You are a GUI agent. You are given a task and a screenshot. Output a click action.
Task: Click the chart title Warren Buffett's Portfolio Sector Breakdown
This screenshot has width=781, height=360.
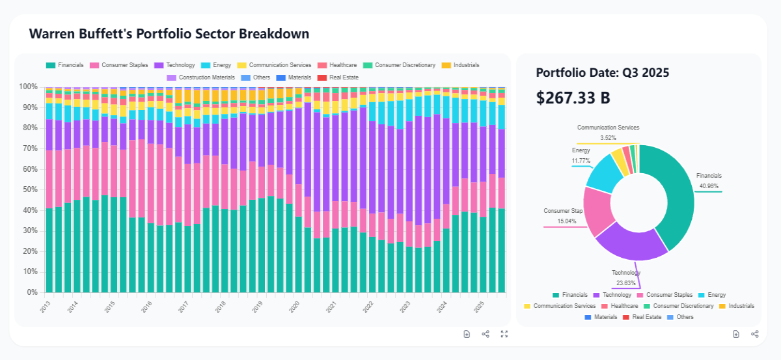169,34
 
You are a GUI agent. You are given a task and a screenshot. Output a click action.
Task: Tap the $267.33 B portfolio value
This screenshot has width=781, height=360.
573,98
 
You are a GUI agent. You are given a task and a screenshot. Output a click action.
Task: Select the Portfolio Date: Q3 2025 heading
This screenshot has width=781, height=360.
603,72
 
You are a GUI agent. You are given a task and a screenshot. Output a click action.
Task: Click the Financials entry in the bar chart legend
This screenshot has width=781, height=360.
65,65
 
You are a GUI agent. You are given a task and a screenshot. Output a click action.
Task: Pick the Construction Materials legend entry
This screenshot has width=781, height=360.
201,77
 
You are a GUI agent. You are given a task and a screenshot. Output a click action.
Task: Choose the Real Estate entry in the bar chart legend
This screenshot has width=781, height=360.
338,77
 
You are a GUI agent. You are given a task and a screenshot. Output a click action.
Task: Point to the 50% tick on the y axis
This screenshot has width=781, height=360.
31,190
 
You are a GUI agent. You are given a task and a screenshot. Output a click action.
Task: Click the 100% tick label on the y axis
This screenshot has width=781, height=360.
28,87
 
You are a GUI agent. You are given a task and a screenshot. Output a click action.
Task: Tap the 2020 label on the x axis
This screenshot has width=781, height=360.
295,307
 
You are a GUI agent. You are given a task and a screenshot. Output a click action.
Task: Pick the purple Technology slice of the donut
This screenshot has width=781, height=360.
631,246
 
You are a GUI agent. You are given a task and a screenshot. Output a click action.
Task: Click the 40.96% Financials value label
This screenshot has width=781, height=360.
709,186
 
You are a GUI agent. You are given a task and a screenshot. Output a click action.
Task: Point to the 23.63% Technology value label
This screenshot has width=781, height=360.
626,283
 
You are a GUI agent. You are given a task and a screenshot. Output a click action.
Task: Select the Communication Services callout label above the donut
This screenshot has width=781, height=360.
608,128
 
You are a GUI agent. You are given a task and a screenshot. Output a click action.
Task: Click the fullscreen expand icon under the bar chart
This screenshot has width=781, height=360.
504,334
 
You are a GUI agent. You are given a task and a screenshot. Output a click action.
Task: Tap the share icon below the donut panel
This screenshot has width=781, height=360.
755,334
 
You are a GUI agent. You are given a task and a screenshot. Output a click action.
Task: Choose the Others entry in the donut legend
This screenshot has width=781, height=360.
680,317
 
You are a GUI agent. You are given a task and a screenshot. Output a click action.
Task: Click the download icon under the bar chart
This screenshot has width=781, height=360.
467,334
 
